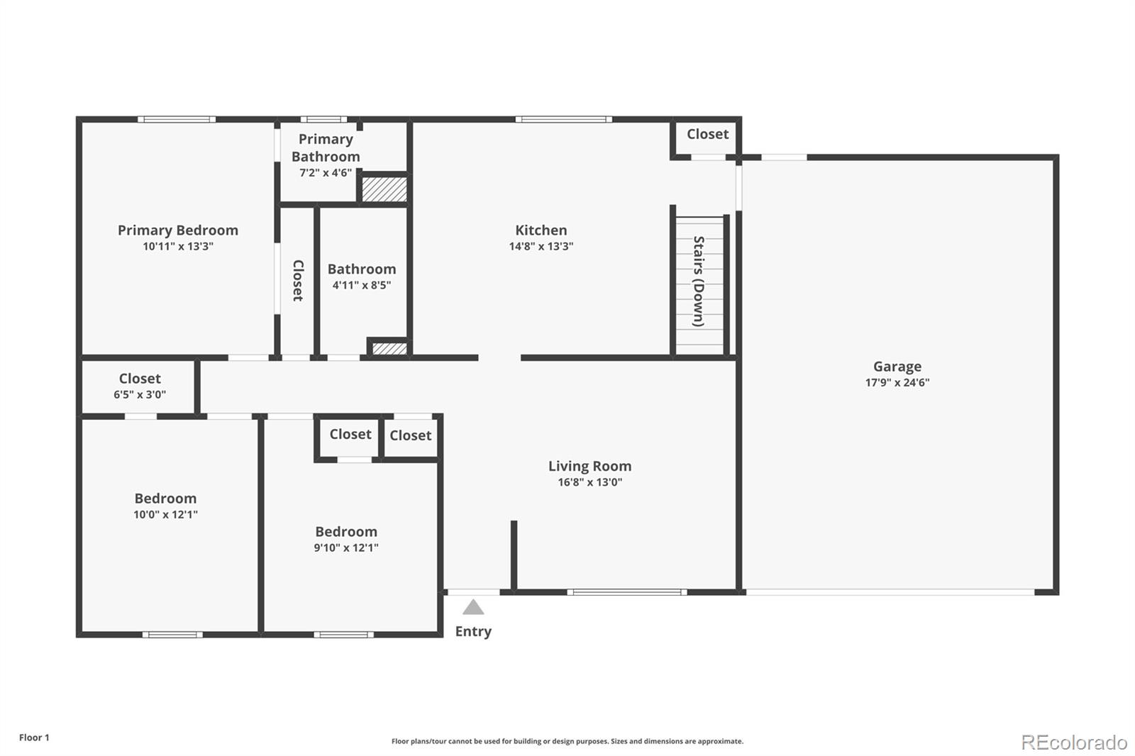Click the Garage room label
(x=897, y=367)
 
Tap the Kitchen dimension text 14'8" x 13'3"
(x=541, y=246)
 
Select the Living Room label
(x=589, y=466)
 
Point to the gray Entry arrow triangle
(x=473, y=607)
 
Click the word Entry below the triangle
(x=473, y=631)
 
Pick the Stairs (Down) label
(x=699, y=282)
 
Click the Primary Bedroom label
(x=178, y=230)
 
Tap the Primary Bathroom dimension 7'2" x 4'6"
(x=326, y=173)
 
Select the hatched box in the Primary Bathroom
(x=384, y=189)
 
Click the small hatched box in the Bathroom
(x=389, y=349)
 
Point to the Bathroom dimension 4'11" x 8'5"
(x=361, y=285)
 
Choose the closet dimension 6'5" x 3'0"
(x=139, y=395)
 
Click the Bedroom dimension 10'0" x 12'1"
(x=165, y=515)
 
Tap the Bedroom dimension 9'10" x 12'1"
(x=346, y=547)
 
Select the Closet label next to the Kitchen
(x=707, y=134)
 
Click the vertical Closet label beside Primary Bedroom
(x=298, y=281)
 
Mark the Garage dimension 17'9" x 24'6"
(x=897, y=382)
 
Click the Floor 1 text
(x=35, y=738)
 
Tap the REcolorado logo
(x=1074, y=743)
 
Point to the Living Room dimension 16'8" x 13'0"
(x=589, y=482)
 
